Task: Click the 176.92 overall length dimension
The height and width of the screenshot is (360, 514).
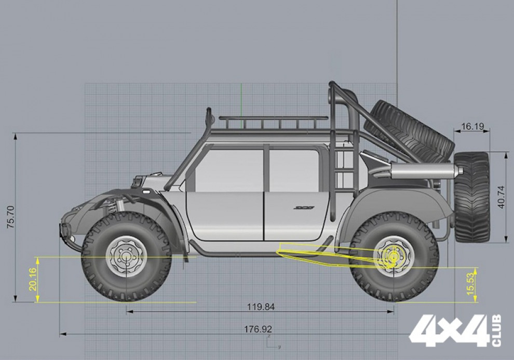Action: pyautogui.click(x=258, y=329)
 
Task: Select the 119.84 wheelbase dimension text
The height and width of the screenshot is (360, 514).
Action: pyautogui.click(x=261, y=307)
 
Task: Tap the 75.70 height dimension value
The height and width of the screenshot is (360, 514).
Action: pyautogui.click(x=10, y=217)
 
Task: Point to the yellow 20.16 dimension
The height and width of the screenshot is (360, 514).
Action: pyautogui.click(x=33, y=279)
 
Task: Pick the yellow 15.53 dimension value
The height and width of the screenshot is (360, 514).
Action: pyautogui.click(x=470, y=284)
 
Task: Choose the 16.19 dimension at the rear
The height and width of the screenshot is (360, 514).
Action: pyautogui.click(x=472, y=126)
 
